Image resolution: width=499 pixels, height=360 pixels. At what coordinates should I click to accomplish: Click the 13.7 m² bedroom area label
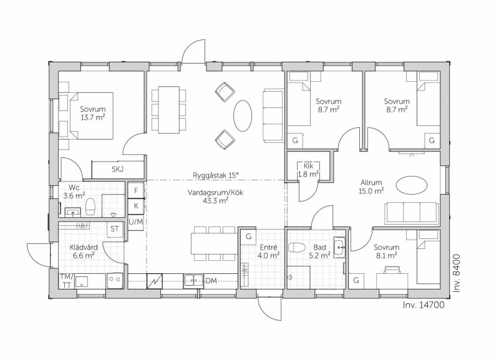[92, 117]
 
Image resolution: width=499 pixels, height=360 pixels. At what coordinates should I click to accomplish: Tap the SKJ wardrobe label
[117, 169]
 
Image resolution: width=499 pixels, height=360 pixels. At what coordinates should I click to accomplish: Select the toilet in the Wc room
[90, 207]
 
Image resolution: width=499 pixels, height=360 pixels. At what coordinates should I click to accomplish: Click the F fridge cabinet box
[136, 190]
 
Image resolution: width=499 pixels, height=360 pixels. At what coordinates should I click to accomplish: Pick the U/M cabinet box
[136, 222]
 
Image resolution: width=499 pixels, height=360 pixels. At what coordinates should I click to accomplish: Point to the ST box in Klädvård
[115, 229]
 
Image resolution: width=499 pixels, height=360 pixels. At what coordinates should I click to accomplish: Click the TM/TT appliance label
[67, 281]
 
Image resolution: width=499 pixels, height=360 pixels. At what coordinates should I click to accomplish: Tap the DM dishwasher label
[211, 281]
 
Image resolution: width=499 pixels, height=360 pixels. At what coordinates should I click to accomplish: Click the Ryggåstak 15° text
[215, 175]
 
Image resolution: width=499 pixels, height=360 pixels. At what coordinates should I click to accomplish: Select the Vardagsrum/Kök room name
[215, 193]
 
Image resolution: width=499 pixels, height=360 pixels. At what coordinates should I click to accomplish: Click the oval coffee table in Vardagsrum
[243, 115]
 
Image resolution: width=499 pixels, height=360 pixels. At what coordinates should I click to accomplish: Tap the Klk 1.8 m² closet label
[308, 170]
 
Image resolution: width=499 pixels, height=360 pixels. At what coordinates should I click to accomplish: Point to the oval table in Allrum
[412, 185]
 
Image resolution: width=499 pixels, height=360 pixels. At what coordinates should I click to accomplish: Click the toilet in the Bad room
[296, 248]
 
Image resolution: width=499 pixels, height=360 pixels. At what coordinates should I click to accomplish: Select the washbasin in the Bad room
[339, 247]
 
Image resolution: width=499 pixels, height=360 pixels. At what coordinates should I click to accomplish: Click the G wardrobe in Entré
[248, 236]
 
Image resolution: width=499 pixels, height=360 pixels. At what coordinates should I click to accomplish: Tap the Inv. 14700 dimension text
[424, 305]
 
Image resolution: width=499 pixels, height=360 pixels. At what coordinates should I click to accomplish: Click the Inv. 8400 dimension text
[457, 273]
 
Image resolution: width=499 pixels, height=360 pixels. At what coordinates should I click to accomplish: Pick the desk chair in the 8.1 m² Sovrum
[392, 270]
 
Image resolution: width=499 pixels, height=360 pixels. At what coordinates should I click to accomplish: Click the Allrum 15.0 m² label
[371, 187]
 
